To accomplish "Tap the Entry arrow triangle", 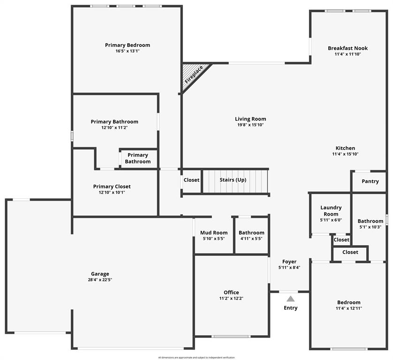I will point(291,299).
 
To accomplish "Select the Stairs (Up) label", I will point(233,180).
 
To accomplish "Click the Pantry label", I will point(370,181).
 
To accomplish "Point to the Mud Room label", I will point(214,232).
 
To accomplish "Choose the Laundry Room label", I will point(331,210).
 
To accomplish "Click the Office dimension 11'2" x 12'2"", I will point(231,298).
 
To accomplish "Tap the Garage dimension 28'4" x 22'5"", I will point(100,280).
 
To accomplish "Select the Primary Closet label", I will point(112,187).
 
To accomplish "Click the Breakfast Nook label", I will point(348,48).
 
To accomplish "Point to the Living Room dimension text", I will point(250,125).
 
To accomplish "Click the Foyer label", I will point(289,262).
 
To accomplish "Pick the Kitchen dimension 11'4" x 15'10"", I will point(345,154).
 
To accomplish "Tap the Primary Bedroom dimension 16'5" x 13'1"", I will point(128,51).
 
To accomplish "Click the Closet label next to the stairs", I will point(191,180).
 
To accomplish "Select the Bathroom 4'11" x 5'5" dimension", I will point(251,239).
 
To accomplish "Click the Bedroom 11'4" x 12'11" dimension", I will point(349,308).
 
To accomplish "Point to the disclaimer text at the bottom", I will point(196,357).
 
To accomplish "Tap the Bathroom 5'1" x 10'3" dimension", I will point(370,227).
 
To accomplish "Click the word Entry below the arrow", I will point(291,308).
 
